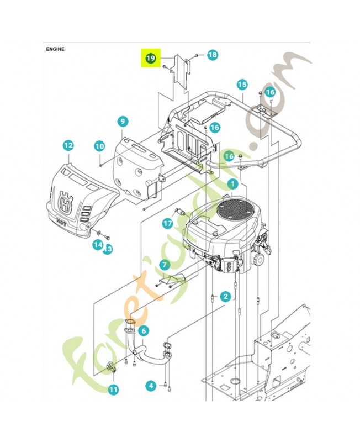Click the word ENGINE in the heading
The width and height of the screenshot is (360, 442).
(x=55, y=49)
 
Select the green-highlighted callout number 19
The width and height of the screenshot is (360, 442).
(x=150, y=57)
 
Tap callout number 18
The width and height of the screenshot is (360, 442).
(x=213, y=55)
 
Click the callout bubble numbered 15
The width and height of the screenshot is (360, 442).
(x=242, y=85)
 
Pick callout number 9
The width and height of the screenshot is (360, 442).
(x=123, y=121)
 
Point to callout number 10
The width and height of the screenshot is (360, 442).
(x=99, y=146)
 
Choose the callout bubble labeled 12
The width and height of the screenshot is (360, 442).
(x=68, y=145)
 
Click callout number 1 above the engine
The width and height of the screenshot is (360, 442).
(x=234, y=182)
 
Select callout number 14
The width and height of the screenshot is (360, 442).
(x=98, y=244)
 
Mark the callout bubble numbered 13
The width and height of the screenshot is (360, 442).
(x=108, y=249)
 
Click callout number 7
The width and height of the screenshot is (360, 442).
(x=164, y=265)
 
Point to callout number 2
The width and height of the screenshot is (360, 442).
(x=225, y=296)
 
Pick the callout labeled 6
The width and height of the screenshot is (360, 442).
(x=143, y=330)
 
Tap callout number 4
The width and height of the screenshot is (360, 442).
(x=151, y=385)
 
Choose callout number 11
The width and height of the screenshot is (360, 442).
(x=113, y=390)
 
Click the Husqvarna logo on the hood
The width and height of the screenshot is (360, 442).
(x=67, y=203)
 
